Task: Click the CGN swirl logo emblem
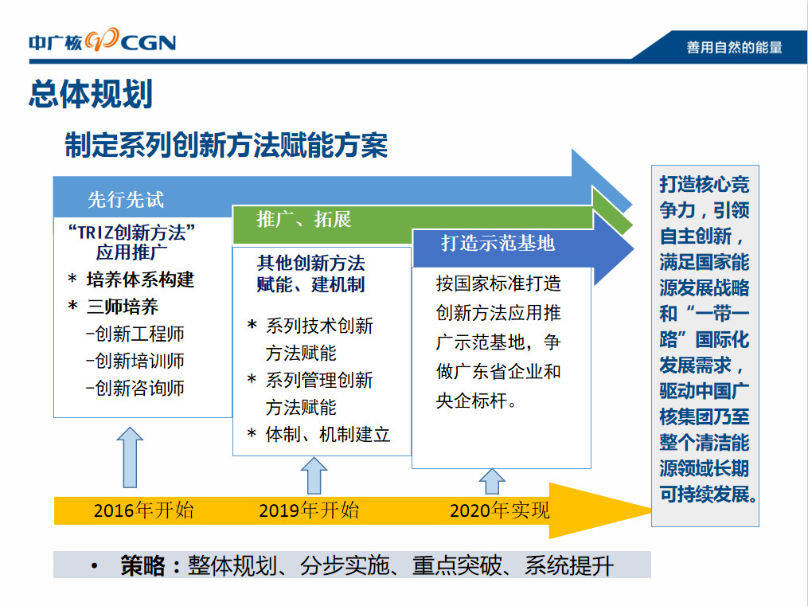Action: [x=102, y=40]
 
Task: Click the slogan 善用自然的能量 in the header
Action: [x=734, y=48]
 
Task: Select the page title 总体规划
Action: [x=91, y=94]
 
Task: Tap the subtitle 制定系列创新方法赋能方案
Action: [x=226, y=145]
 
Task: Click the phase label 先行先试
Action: [x=126, y=199]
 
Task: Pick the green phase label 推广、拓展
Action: [x=304, y=220]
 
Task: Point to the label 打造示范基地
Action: [x=498, y=243]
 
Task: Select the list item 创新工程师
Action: [x=135, y=334]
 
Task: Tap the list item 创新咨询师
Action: [x=135, y=388]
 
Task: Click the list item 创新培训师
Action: [x=135, y=361]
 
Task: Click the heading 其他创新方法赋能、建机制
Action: [x=311, y=274]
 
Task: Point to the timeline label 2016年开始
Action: [x=144, y=510]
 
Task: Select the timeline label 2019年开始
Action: [x=309, y=510]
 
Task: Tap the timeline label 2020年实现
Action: [x=500, y=510]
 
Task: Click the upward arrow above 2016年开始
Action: [x=130, y=457]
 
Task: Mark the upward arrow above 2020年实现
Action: [x=492, y=482]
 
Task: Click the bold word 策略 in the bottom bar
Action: [x=142, y=565]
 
